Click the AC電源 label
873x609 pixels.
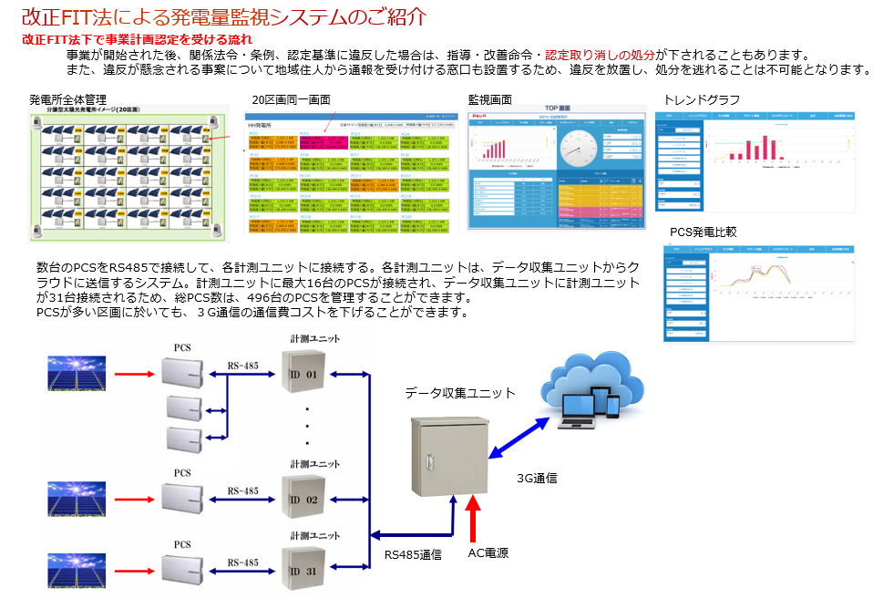coord(488,552)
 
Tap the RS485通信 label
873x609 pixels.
coord(413,553)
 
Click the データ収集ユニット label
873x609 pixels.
coord(460,393)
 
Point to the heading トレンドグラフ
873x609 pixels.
coord(702,100)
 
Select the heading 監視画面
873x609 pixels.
coord(489,100)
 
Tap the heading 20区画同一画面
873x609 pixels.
coord(291,100)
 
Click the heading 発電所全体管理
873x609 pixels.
coord(68,99)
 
